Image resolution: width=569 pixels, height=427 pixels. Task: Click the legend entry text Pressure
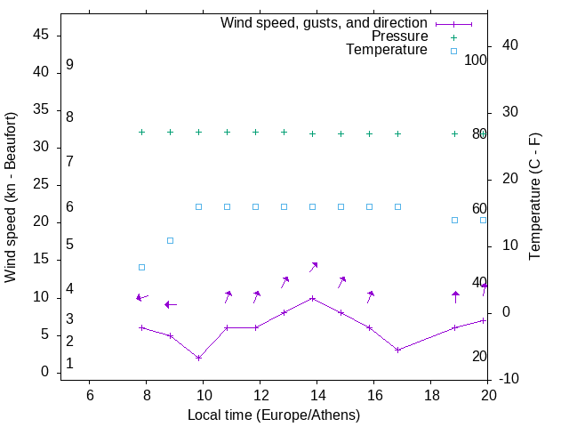pyautogui.click(x=399, y=36)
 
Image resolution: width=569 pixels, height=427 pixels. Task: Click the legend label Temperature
pyautogui.click(x=387, y=50)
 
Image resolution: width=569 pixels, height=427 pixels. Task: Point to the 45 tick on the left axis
pyautogui.click(x=42, y=35)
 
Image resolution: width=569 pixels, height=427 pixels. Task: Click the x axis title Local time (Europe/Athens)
pyautogui.click(x=274, y=415)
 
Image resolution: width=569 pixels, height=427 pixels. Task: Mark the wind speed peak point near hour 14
pyautogui.click(x=312, y=298)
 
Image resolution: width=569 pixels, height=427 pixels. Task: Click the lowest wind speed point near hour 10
pyautogui.click(x=198, y=358)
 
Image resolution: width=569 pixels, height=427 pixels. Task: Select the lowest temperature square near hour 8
pyautogui.click(x=141, y=267)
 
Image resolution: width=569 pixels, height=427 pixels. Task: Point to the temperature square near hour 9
pyautogui.click(x=170, y=240)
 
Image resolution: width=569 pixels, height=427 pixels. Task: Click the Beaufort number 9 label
pyautogui.click(x=69, y=65)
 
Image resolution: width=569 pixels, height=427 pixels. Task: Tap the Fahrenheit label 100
pyautogui.click(x=477, y=60)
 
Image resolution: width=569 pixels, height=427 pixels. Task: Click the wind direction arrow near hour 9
pyautogui.click(x=170, y=304)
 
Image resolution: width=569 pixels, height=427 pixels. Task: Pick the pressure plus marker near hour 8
pyautogui.click(x=141, y=132)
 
